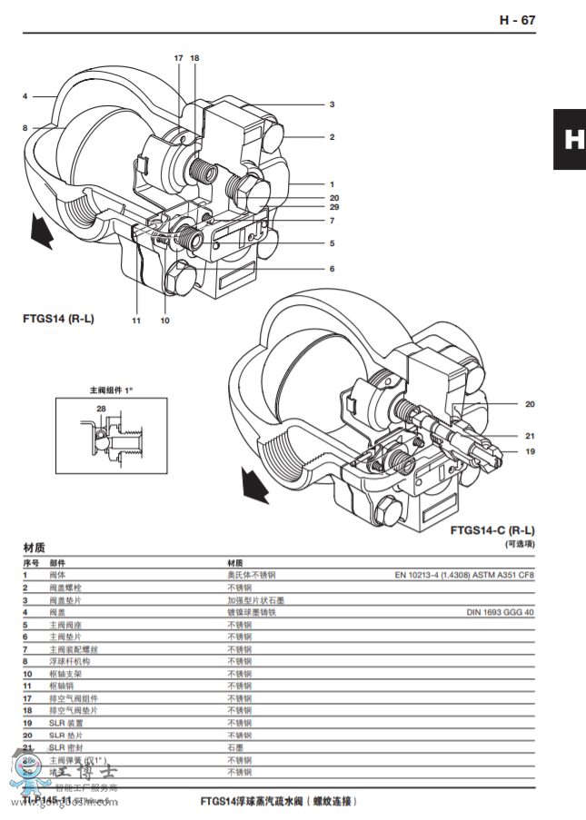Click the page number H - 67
coord(517,20)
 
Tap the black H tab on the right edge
coord(570,140)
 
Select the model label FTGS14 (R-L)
coord(58,319)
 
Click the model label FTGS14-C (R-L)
coord(492,529)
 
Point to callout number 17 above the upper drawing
coord(179,58)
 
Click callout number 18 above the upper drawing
coord(194,58)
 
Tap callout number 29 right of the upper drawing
coord(333,207)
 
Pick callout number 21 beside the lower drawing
coord(530,435)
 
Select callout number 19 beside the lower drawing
coord(530,450)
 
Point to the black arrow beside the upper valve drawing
coord(40,230)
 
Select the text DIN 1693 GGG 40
coord(501,612)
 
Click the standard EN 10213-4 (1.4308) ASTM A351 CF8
coord(464,575)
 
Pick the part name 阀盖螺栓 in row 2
coord(64,588)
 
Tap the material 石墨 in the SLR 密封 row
coord(235,747)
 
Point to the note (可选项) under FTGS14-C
coord(520,543)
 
